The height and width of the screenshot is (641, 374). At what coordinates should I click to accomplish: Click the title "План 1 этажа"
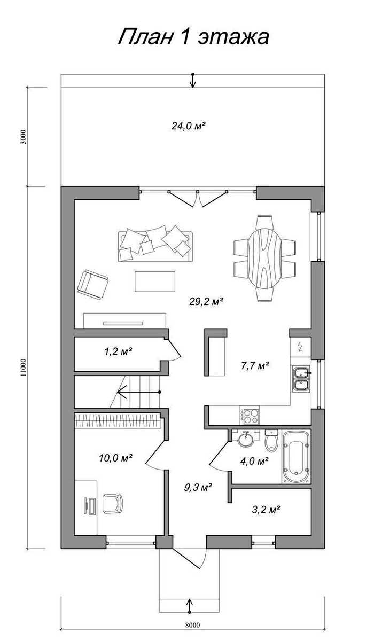click(x=193, y=37)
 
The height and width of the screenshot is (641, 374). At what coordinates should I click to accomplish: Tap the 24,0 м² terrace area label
click(x=189, y=126)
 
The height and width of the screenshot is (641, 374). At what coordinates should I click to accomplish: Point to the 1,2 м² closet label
click(x=118, y=351)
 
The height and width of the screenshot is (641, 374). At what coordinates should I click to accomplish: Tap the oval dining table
click(x=264, y=259)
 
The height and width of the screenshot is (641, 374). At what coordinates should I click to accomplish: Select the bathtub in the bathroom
click(x=296, y=456)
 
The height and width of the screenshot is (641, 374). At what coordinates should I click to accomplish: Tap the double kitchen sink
click(x=301, y=379)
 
